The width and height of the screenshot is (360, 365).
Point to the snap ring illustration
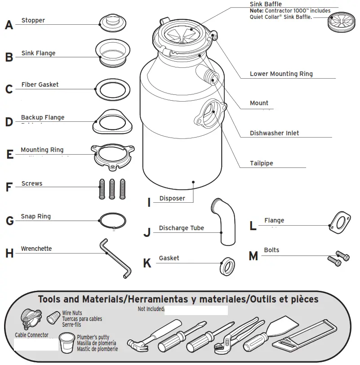[113, 221]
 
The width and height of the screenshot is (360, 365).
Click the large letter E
[10, 155]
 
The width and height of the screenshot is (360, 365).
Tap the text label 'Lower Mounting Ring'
[281, 74]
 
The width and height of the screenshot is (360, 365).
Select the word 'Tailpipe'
[261, 163]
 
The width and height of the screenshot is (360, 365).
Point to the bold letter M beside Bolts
[253, 256]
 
